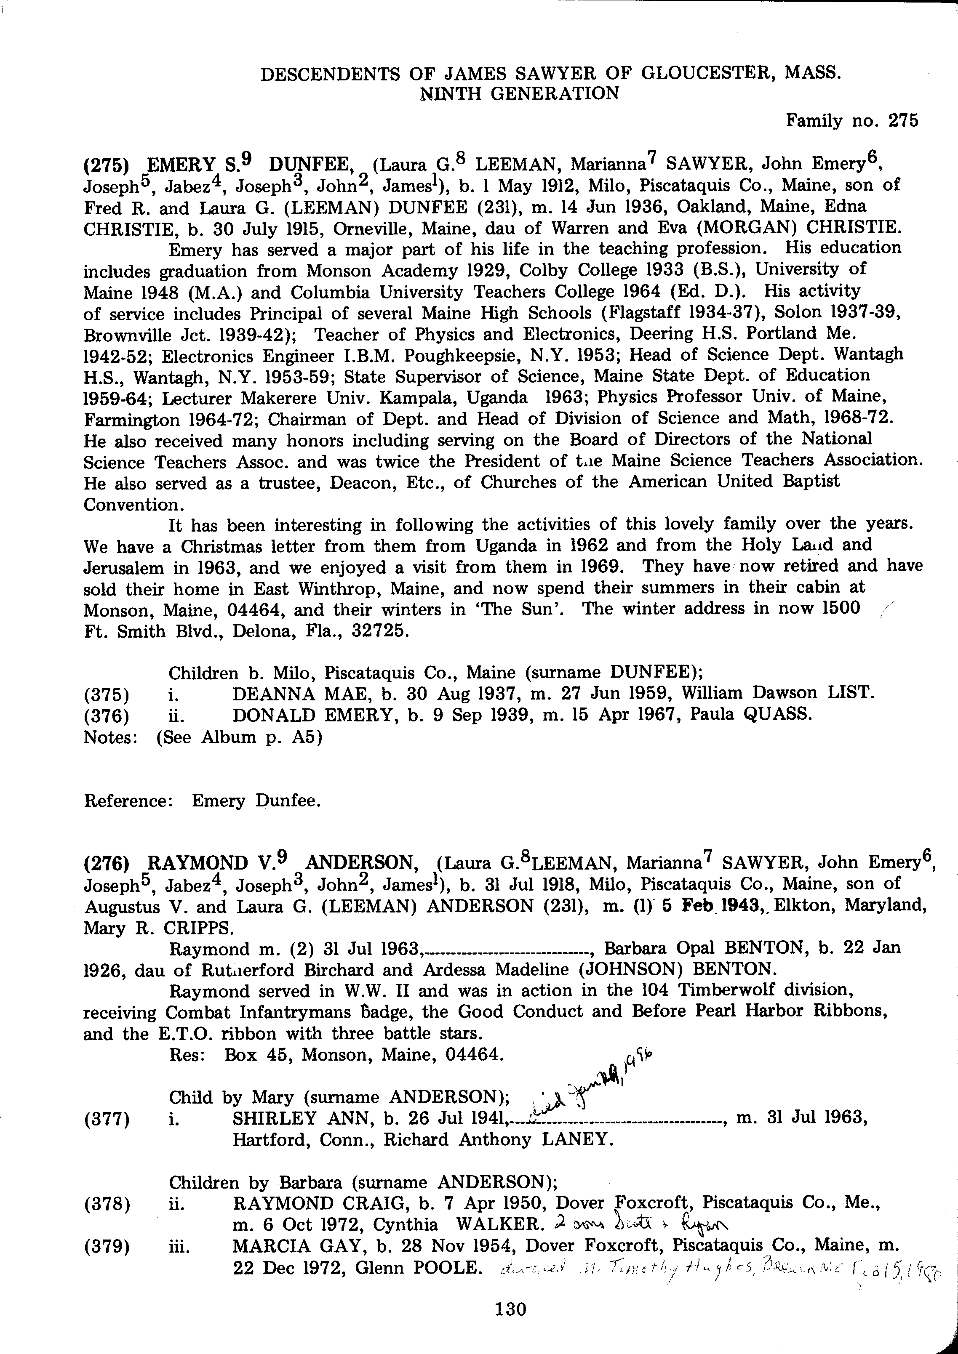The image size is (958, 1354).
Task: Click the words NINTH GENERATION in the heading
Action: [x=519, y=94]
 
